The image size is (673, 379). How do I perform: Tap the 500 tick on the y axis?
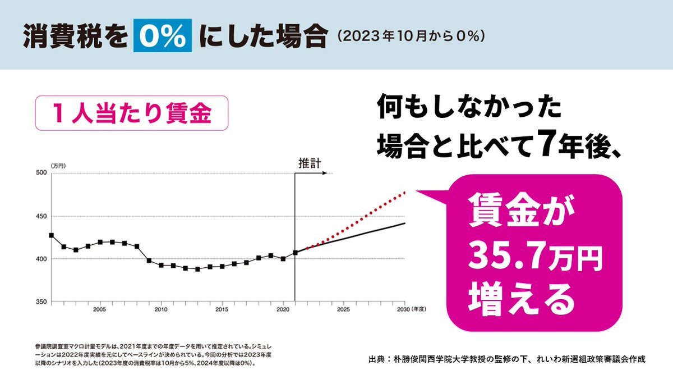[41, 173]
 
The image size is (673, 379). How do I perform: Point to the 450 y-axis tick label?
[41, 216]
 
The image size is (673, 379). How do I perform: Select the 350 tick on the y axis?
[41, 302]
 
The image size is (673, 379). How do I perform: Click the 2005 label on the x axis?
[100, 309]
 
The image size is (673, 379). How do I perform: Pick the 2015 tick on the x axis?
[222, 309]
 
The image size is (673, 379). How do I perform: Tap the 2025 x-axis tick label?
[344, 309]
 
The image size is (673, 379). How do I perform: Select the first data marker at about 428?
[51, 235]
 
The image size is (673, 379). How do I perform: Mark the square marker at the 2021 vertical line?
[295, 253]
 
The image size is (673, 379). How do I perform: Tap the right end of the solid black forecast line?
[405, 223]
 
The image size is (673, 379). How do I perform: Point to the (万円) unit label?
[58, 166]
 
